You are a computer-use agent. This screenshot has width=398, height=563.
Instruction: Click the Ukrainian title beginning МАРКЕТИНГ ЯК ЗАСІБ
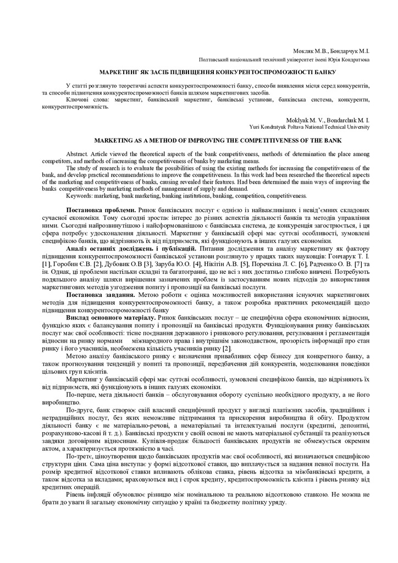209,73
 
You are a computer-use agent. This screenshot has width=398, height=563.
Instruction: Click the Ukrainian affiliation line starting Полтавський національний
284,59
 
